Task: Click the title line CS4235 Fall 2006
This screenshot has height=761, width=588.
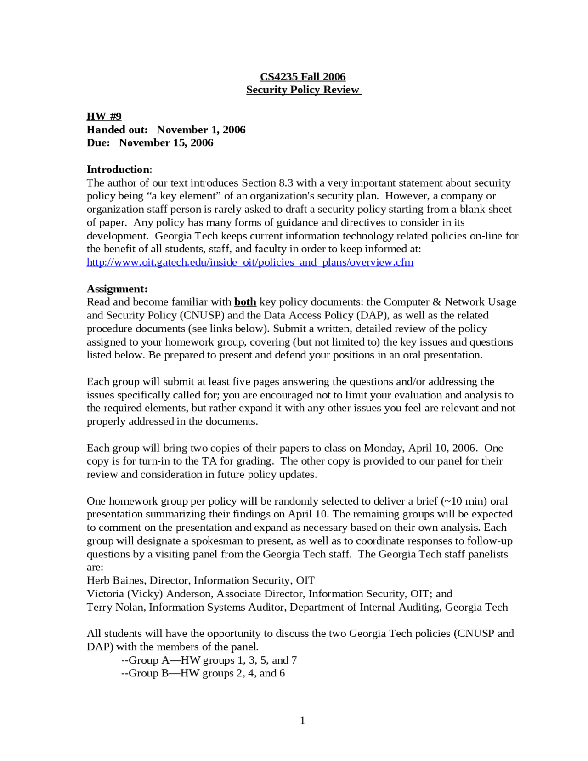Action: point(303,77)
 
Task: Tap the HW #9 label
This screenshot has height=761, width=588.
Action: point(104,116)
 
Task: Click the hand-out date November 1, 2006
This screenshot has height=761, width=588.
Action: point(201,130)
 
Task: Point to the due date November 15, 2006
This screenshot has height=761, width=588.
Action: point(166,142)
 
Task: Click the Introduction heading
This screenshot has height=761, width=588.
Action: point(118,169)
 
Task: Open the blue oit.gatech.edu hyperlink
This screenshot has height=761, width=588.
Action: point(250,262)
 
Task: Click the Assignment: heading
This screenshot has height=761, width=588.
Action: point(117,289)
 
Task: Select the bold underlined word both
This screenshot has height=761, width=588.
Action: point(245,302)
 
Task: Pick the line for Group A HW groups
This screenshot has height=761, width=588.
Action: point(209,660)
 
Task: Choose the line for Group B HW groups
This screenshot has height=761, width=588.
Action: point(203,673)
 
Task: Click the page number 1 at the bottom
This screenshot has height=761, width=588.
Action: point(302,721)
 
